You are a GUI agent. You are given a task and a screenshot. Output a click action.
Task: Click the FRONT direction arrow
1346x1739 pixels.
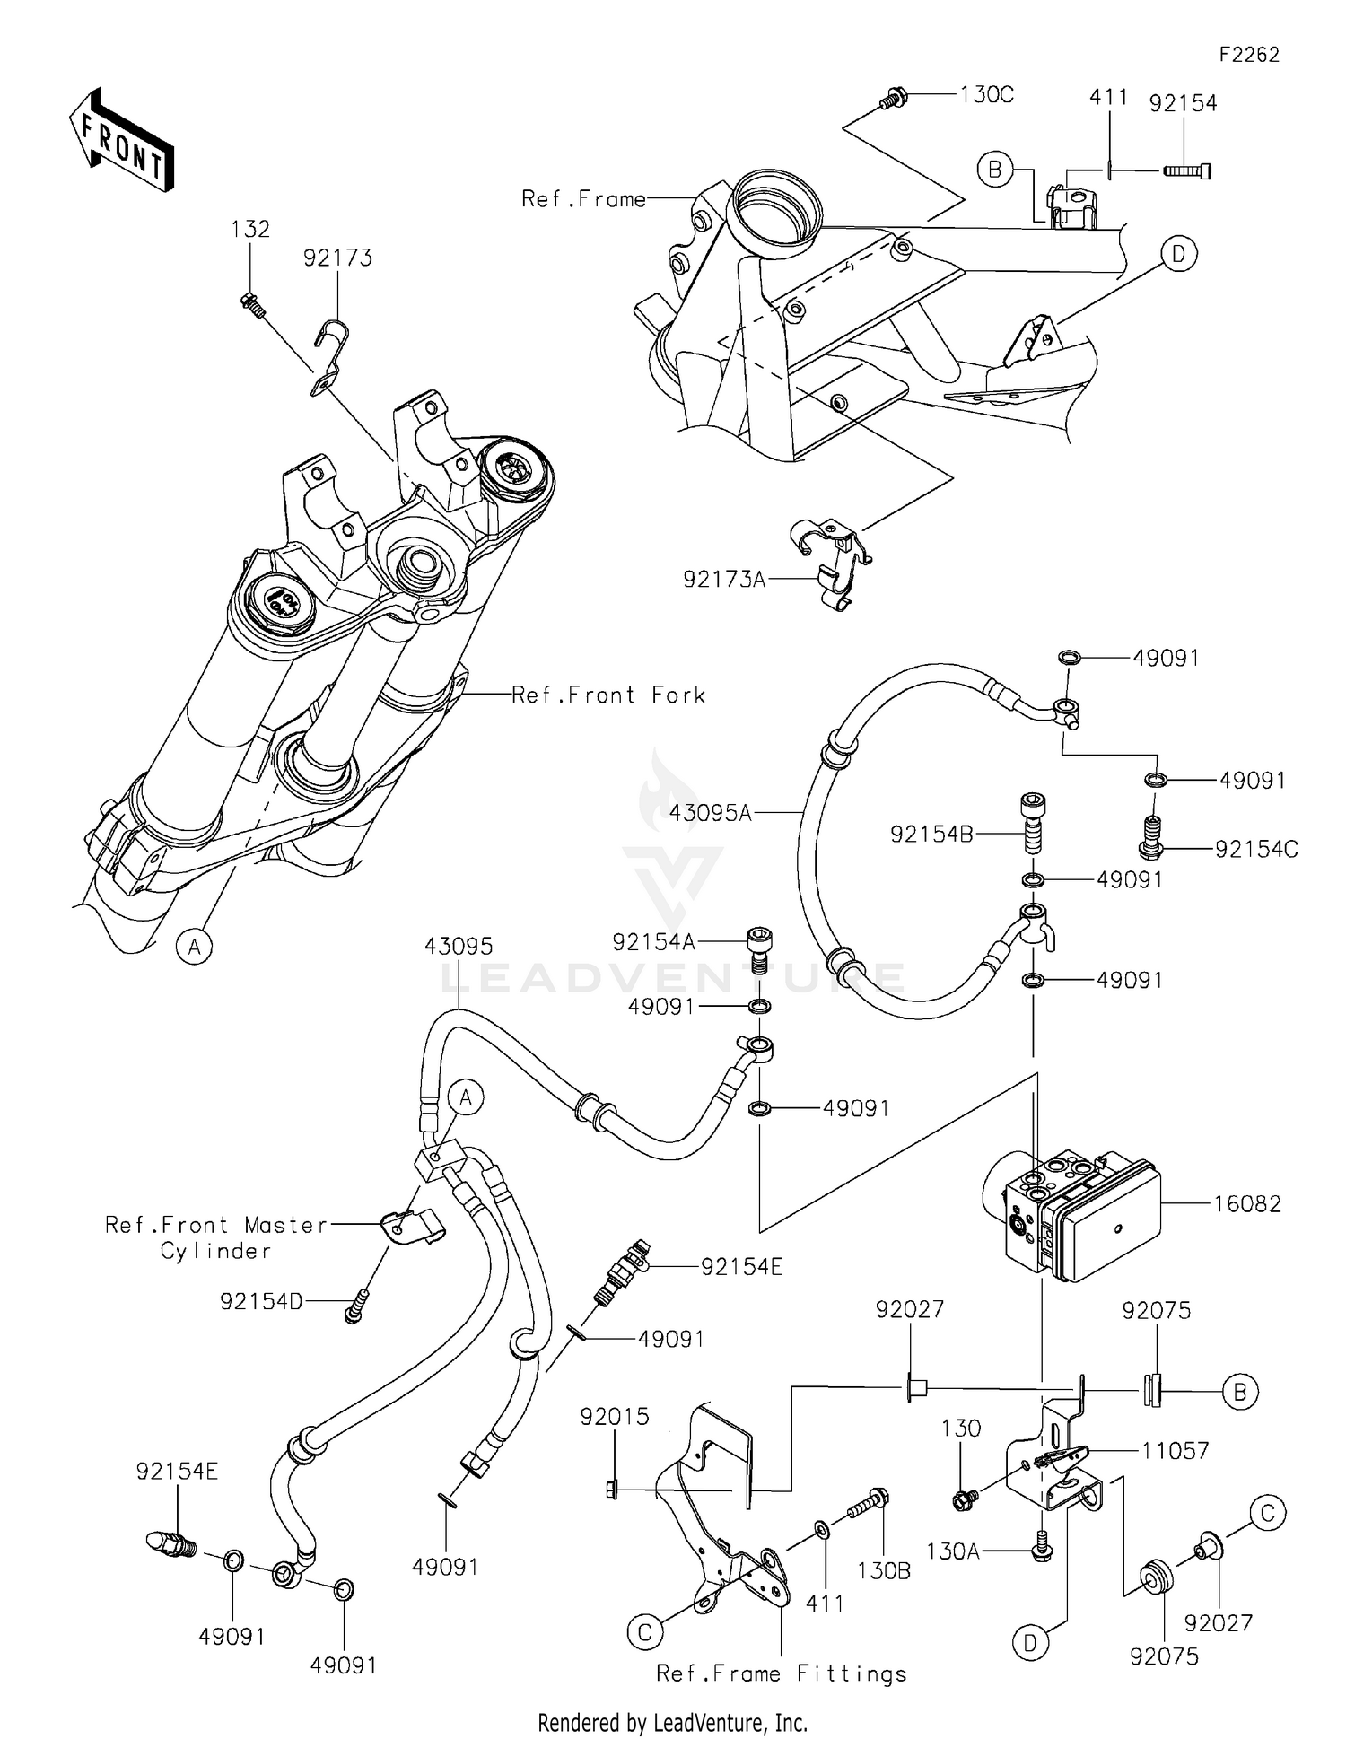click(x=121, y=140)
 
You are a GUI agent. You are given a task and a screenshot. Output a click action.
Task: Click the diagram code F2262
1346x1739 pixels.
click(x=1248, y=55)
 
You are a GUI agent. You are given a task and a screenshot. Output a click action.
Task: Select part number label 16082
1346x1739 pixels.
click(x=1246, y=1204)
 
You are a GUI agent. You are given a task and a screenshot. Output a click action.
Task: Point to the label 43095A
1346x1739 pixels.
click(x=710, y=813)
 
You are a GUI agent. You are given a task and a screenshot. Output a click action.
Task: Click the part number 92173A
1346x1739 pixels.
click(x=724, y=580)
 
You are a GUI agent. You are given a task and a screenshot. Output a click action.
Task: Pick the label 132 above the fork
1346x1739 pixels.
click(x=249, y=229)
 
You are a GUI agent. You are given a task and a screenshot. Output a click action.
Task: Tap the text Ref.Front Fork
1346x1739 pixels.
click(x=608, y=695)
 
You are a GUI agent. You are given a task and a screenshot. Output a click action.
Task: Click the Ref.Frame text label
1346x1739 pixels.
click(x=583, y=199)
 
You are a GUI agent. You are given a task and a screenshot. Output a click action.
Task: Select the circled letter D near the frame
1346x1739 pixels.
click(x=1177, y=255)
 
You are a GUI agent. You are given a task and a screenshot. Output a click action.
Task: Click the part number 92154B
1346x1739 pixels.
click(x=931, y=835)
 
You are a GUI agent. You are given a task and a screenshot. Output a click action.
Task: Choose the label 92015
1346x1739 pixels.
click(x=614, y=1417)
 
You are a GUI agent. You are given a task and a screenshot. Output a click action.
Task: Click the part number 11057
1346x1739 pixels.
click(x=1175, y=1450)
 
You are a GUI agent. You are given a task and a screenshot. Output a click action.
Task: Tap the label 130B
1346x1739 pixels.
click(x=883, y=1570)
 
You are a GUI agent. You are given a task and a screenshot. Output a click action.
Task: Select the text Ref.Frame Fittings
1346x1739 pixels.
click(x=781, y=1673)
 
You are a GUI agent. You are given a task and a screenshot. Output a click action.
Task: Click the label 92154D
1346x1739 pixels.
click(x=261, y=1301)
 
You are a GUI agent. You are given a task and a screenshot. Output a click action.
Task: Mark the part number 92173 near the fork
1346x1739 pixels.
click(x=337, y=258)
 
